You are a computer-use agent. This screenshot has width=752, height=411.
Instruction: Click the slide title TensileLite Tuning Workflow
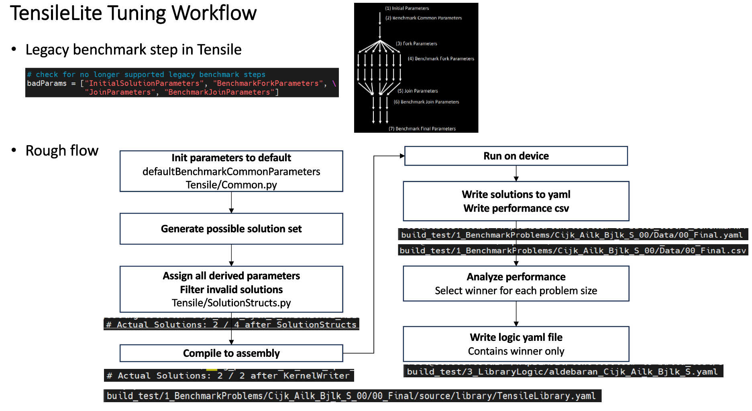tap(133, 13)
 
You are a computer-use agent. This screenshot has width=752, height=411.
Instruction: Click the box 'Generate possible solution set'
tap(231, 229)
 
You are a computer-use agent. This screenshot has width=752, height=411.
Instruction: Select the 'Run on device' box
tap(516, 156)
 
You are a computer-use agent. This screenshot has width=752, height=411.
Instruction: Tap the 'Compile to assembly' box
tap(231, 353)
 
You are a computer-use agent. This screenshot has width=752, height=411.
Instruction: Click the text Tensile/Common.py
tap(231, 185)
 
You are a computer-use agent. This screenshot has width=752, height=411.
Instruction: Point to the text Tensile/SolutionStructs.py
tap(231, 303)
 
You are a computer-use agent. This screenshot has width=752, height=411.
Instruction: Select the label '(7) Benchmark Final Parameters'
tap(422, 129)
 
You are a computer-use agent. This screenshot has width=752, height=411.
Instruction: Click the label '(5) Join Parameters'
tap(418, 91)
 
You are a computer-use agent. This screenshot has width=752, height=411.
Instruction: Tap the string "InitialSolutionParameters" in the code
tap(144, 83)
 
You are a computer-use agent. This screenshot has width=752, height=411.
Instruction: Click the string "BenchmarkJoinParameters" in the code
tap(220, 92)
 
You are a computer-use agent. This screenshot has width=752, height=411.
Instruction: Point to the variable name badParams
tap(47, 83)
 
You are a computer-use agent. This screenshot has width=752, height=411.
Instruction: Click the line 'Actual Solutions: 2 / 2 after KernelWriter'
tap(229, 376)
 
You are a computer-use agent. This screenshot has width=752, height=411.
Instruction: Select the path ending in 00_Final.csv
tap(573, 251)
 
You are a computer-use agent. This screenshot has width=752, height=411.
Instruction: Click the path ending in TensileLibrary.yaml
tap(351, 396)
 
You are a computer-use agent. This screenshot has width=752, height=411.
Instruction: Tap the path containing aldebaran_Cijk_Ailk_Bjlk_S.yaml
tap(562, 372)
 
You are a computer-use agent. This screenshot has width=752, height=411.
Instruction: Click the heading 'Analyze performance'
tap(516, 277)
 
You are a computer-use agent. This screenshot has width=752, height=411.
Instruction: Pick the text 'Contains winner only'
tap(516, 351)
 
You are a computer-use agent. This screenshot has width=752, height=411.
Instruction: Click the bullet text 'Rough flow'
tap(62, 151)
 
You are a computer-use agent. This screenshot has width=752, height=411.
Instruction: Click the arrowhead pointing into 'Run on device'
tap(402, 156)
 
